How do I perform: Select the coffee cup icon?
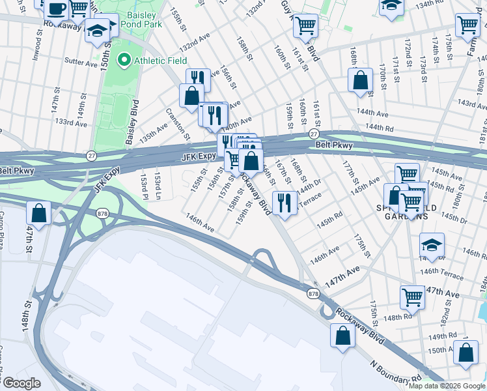click(x=57, y=8)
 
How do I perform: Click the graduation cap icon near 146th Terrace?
click(x=432, y=245)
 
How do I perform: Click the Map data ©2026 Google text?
click(x=447, y=386)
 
